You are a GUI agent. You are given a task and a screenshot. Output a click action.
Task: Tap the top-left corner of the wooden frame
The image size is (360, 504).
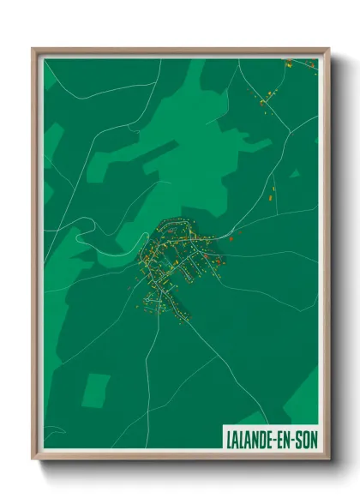[x=34, y=50]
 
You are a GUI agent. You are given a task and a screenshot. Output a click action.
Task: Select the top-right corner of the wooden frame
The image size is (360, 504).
[x=327, y=50]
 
